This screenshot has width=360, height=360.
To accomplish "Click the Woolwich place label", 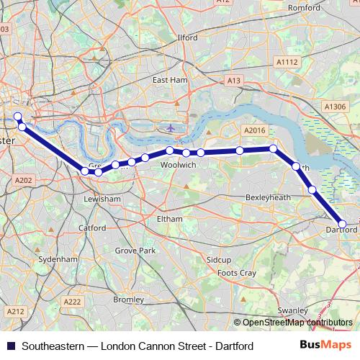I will coord(179,165).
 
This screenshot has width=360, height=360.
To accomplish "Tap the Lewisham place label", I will coord(102,198).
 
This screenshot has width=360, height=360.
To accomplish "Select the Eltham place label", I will coord(170,217).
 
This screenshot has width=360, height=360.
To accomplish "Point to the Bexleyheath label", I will coord(267,197).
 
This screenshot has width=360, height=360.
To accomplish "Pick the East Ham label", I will coord(169,80).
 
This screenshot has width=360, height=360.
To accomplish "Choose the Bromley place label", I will coord(129,299).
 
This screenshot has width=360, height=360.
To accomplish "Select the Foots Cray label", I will coord(237,274).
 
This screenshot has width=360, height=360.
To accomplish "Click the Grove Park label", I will coord(135,251).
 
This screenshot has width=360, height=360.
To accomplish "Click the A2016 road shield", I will coord(255,130).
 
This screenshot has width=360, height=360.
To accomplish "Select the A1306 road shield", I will coord(336,107).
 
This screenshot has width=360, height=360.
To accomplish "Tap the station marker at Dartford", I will coord(343,225).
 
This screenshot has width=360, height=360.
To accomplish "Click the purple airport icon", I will coord(170,129).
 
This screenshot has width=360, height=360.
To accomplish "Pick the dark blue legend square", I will coord(10,346).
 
